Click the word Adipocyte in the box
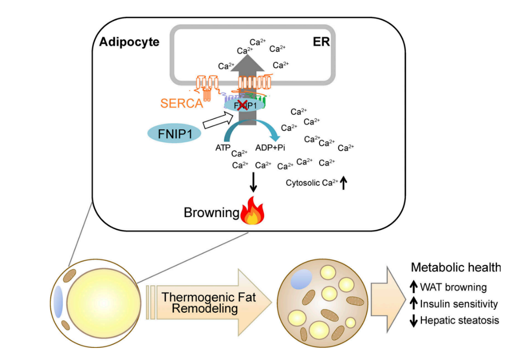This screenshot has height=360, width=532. [129, 42]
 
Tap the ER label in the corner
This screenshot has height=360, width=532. [321, 42]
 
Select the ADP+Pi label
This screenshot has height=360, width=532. [270, 148]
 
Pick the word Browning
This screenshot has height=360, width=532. [211, 213]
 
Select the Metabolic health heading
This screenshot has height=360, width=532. [456, 267]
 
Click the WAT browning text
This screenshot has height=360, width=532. [453, 288]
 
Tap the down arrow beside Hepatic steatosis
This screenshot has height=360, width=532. [413, 320]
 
